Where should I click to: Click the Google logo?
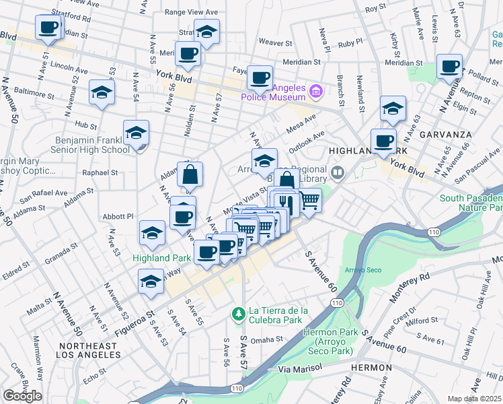pos(23,396)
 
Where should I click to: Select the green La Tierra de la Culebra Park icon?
pos(237,314)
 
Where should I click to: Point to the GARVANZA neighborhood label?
pos(445,134)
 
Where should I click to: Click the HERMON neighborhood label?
pos(371,368)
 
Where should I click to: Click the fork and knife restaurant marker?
pos(286,202)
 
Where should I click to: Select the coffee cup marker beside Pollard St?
pos(449,67)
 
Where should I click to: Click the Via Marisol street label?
pos(301,369)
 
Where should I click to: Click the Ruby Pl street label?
pos(350,43)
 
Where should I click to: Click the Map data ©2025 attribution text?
pos(475,399)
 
